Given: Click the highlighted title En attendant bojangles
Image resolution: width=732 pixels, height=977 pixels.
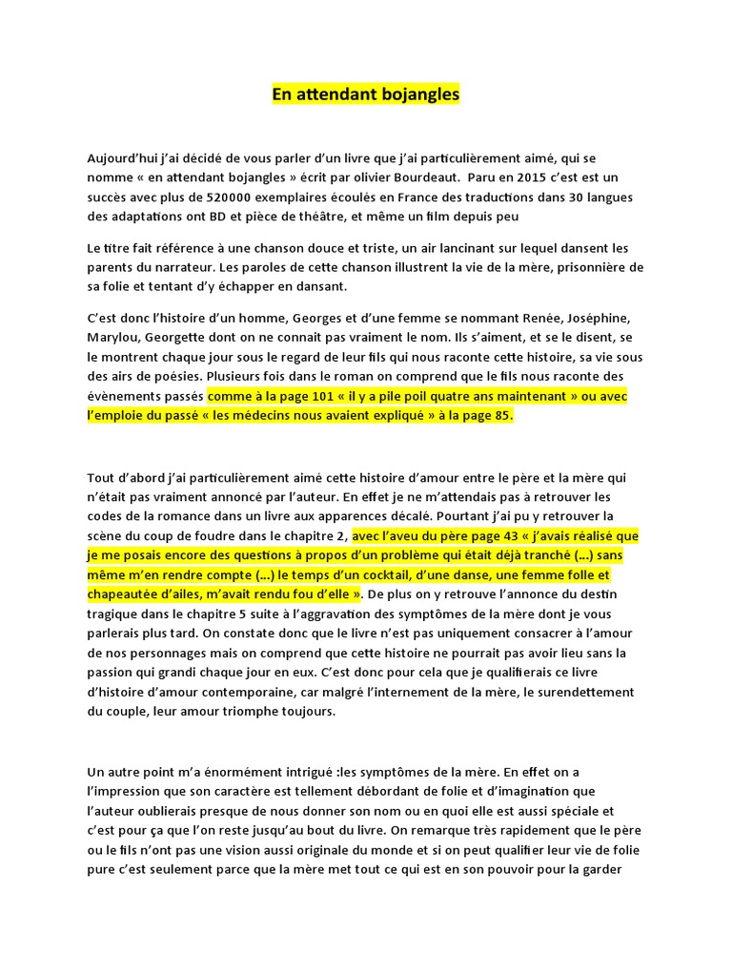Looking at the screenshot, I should pos(366,94).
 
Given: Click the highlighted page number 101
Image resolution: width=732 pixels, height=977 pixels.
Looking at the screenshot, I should pos(315,395).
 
